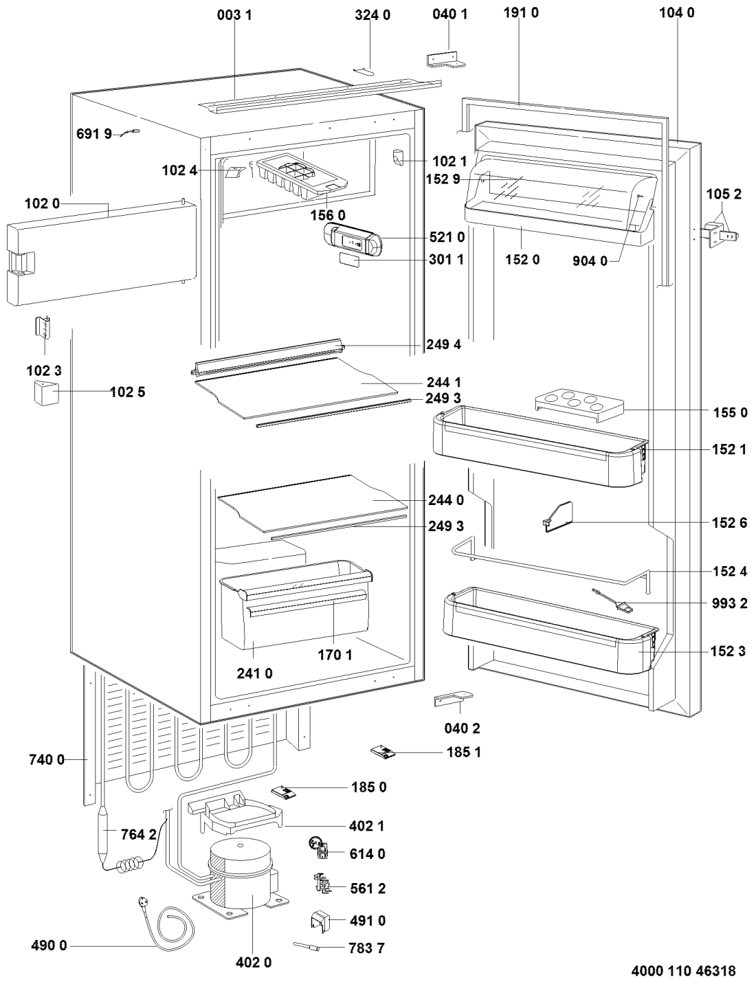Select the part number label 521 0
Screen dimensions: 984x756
(x=447, y=238)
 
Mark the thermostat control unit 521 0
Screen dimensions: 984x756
(x=351, y=240)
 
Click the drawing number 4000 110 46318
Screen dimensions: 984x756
(x=683, y=971)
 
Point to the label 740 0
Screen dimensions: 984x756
(x=47, y=759)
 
